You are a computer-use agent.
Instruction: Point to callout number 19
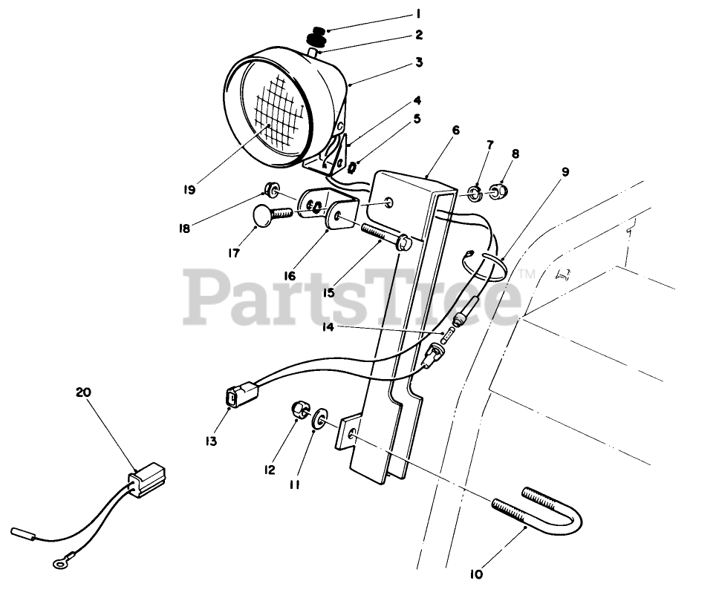[189, 189]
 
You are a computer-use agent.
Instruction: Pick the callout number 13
[211, 441]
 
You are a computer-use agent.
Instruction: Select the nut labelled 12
[298, 409]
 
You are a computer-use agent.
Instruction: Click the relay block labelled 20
[146, 476]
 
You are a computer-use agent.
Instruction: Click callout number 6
[455, 131]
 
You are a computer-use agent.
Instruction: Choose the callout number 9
[565, 172]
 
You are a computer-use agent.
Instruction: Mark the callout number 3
[419, 62]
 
